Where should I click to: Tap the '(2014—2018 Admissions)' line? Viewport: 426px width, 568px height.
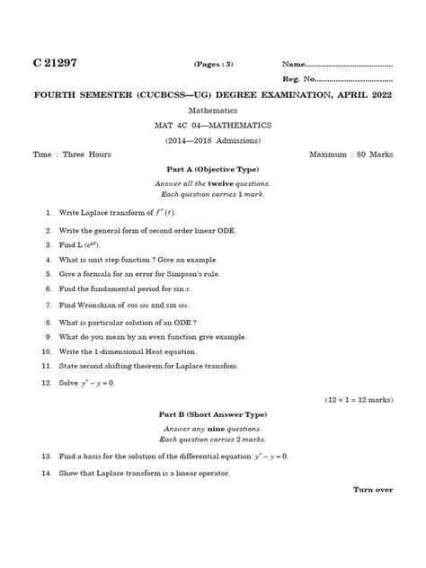[212, 142]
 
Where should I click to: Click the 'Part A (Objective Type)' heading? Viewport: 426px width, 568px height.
[212, 170]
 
